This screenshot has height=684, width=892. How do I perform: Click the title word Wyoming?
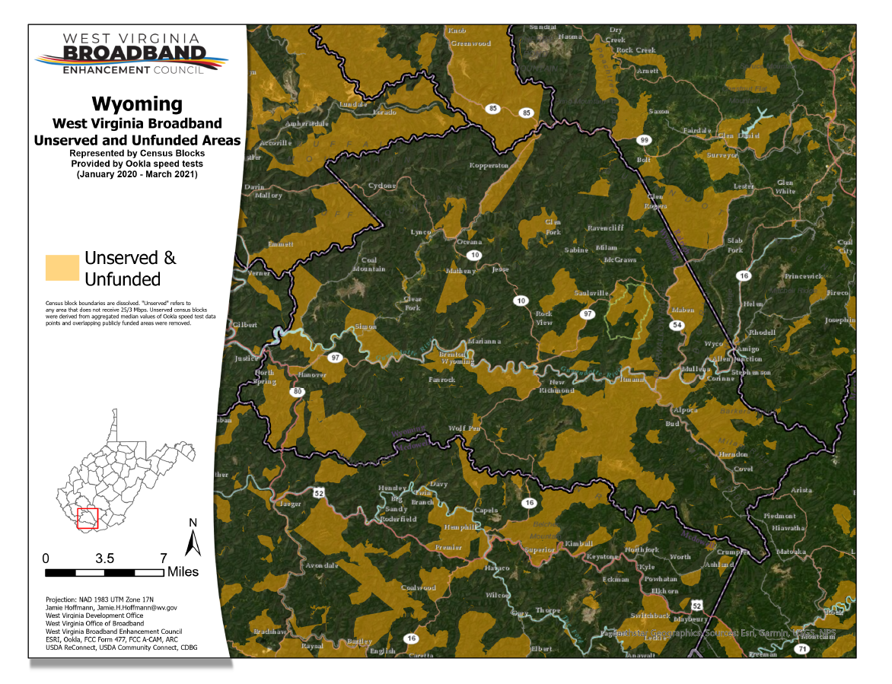[x=137, y=103]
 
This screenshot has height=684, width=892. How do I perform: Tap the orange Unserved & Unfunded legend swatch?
[x=62, y=268]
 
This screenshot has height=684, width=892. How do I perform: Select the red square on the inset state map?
[x=88, y=517]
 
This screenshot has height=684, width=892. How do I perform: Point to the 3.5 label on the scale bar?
[x=105, y=556]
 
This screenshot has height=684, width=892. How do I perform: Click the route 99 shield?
[x=644, y=141]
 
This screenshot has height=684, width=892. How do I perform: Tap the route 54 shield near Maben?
[x=677, y=325]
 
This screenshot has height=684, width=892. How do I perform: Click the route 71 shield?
[x=802, y=649]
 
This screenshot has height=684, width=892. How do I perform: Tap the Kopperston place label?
[x=488, y=165]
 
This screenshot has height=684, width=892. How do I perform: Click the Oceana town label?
[x=469, y=242]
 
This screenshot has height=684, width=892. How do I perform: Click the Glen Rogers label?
[x=655, y=200]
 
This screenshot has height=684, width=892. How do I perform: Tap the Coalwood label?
[x=419, y=587]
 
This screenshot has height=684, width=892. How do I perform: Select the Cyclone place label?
[x=382, y=186]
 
